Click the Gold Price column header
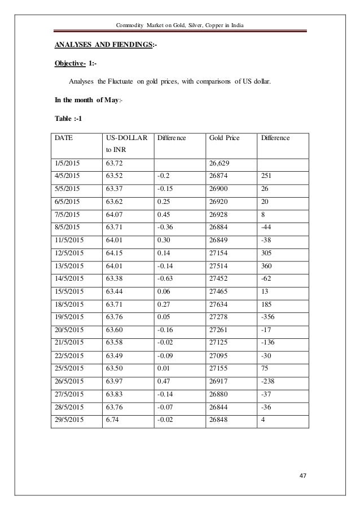(x=224, y=137)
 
